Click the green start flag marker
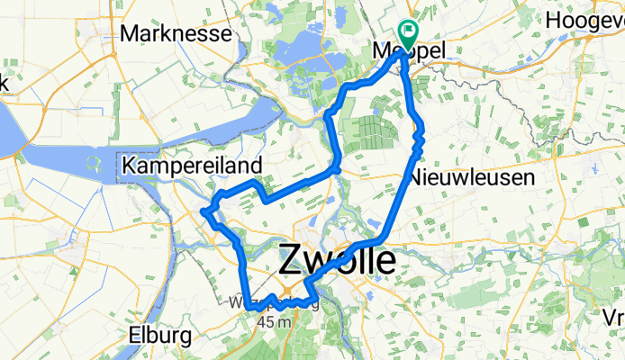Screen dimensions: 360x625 click(407, 34)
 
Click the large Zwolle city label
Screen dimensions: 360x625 click(336, 262)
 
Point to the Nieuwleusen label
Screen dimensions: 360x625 click(472, 178)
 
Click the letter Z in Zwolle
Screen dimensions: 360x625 click(291, 262)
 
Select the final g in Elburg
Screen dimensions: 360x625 click(185, 338)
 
